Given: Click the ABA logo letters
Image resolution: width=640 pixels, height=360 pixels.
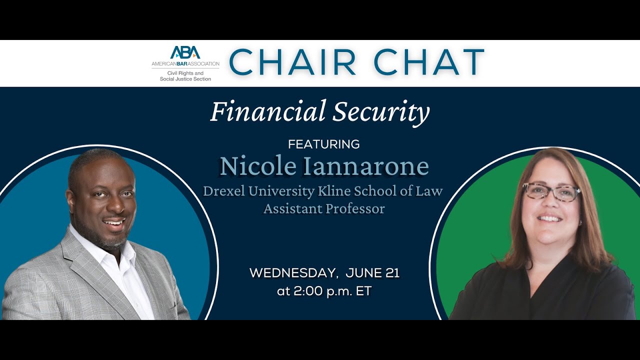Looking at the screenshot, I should tap(185, 52).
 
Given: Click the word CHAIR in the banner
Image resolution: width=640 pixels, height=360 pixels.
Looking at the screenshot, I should tap(292, 62).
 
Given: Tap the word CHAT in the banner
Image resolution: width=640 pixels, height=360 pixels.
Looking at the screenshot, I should tap(429, 62).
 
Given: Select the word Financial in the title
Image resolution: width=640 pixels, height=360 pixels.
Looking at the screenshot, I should tap(268, 111).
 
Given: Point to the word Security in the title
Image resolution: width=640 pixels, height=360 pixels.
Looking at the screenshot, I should tap(381, 112).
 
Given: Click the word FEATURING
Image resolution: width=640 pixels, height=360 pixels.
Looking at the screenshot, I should tap(323, 144).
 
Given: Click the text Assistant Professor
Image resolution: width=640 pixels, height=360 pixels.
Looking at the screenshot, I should tap(324, 208).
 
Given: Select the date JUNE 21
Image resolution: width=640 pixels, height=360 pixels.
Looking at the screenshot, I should tap(372, 273).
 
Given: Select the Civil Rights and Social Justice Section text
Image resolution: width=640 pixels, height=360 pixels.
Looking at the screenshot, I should tap(185, 76).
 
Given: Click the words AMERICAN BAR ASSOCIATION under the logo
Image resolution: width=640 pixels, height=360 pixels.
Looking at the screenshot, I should tap(185, 64).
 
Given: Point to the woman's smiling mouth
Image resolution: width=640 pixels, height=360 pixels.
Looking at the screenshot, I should tap(550, 218).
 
